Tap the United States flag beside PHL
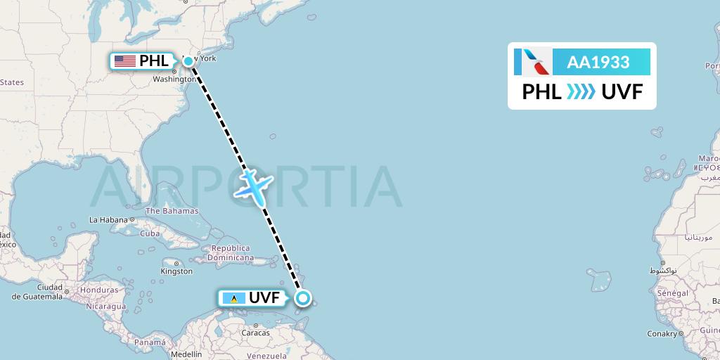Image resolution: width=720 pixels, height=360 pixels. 124,61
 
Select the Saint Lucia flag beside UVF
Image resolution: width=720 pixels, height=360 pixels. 233,298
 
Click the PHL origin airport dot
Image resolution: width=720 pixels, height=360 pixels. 188,61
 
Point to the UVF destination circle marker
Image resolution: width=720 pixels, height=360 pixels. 302,298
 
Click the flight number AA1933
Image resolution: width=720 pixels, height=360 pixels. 598,62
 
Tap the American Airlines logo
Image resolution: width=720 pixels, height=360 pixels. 533,62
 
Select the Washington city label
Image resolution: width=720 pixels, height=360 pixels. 174,79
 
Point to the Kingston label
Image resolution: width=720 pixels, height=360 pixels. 176,271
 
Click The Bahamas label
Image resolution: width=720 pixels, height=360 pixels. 172,211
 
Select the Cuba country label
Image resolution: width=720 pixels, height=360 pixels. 150,233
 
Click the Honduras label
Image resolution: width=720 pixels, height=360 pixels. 98,290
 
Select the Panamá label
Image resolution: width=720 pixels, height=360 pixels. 150,342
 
